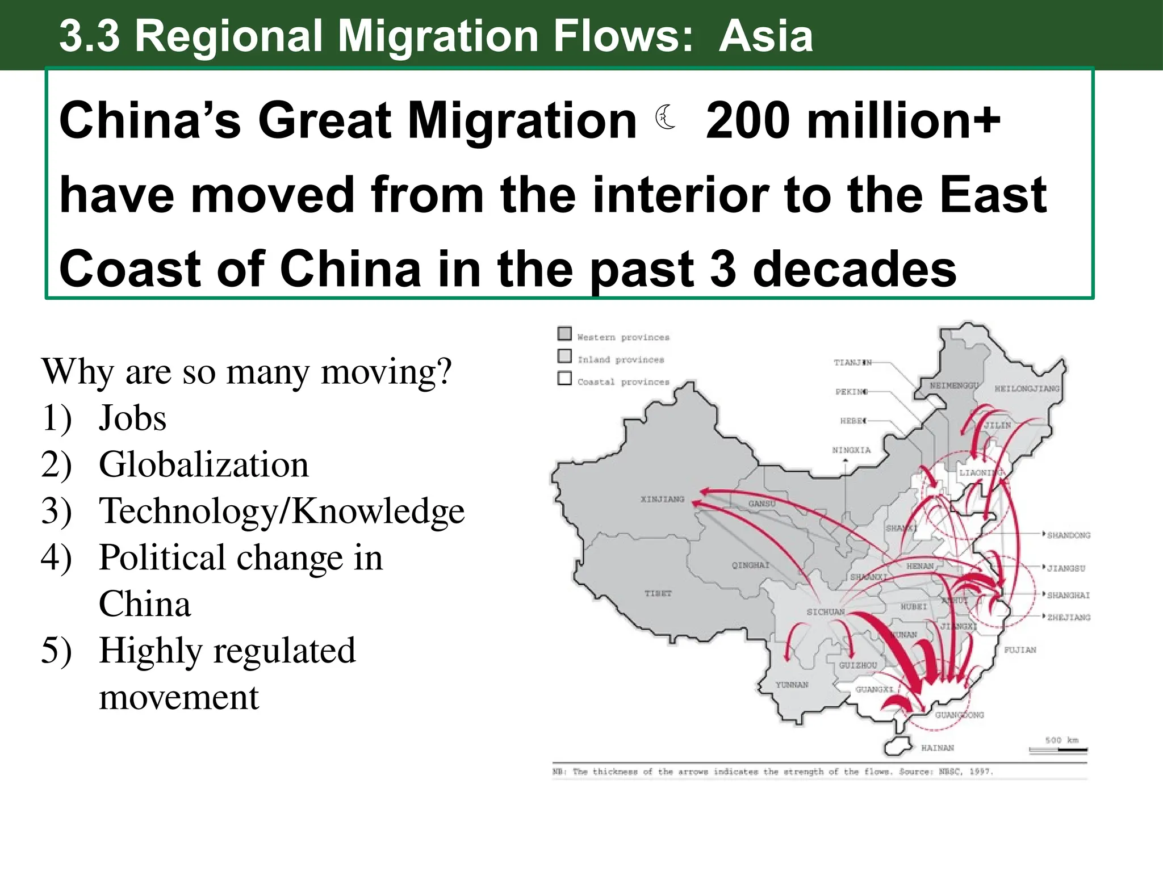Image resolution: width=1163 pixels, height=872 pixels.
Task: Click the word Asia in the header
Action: click(x=765, y=36)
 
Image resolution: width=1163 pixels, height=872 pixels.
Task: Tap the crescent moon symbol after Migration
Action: click(x=666, y=118)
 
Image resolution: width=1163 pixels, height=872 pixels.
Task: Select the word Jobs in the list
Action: click(x=132, y=418)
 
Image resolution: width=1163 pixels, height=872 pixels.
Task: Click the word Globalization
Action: click(x=204, y=464)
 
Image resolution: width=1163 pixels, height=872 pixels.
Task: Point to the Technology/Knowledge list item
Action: click(x=282, y=511)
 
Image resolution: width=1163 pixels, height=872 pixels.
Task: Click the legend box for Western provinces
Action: click(x=564, y=333)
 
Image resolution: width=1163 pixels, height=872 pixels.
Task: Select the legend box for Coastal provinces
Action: click(x=564, y=378)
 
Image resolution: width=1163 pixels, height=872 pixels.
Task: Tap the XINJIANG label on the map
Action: click(x=662, y=500)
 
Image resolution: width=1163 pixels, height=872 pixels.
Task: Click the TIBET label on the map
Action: click(x=658, y=593)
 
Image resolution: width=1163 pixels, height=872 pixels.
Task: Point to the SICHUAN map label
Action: click(x=825, y=612)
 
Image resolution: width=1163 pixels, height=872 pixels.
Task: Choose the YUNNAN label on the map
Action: click(x=792, y=685)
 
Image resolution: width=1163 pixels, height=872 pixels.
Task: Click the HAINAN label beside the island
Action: click(x=937, y=748)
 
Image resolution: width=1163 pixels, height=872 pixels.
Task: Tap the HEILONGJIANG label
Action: click(x=1027, y=389)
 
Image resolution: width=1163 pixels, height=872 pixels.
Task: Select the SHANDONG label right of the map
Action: click(x=1068, y=535)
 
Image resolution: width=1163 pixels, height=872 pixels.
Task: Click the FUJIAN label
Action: click(x=1020, y=650)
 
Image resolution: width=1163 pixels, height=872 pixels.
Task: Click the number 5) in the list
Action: click(x=56, y=651)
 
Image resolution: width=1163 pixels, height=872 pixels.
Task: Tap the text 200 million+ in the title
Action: click(x=852, y=120)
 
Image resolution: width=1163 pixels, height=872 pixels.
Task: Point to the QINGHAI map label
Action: click(x=750, y=565)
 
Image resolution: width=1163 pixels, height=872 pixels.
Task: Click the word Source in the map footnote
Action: click(x=914, y=772)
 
